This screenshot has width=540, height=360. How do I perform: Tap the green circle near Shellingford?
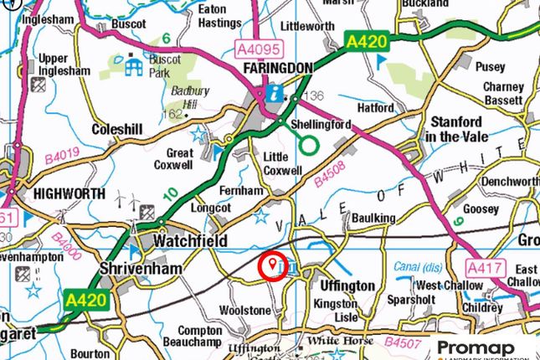(x=309, y=145)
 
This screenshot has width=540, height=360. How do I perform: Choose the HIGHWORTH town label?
(x=69, y=193)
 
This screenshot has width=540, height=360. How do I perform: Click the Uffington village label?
(x=347, y=285)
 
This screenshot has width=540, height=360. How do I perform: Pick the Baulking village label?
(x=374, y=219)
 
